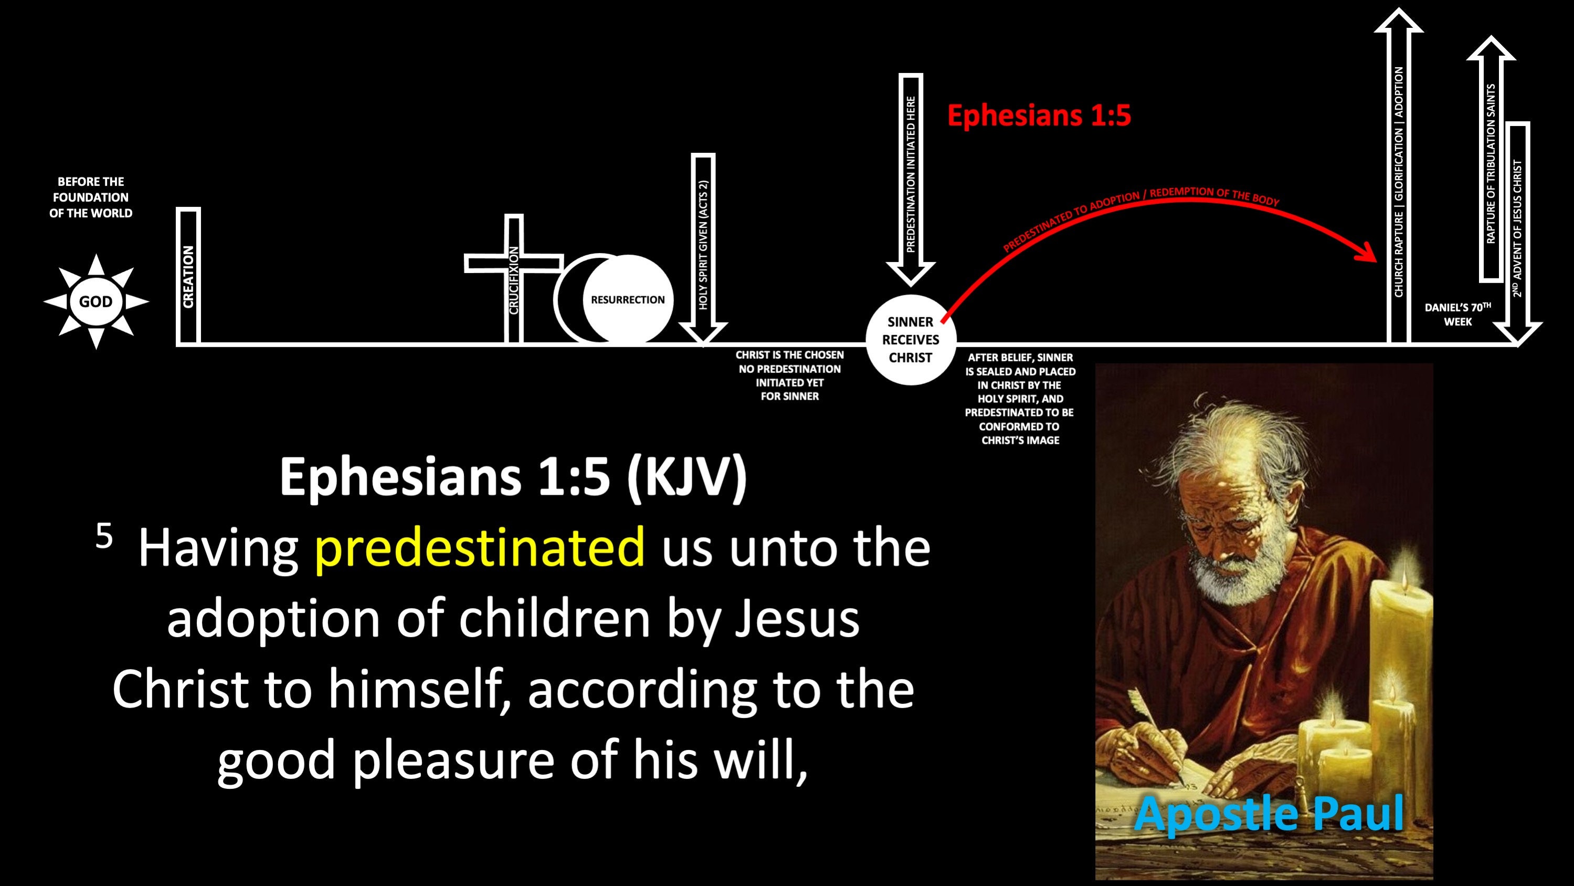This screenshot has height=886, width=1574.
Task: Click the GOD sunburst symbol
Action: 96,301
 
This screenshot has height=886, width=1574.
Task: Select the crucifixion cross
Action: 514,278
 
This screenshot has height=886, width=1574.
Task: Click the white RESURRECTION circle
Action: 628,299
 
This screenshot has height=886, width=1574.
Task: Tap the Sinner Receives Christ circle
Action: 911,339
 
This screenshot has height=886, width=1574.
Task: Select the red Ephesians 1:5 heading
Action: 1039,115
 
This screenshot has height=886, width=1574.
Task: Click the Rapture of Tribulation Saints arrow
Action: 1491,159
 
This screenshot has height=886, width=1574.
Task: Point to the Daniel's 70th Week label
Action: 1458,314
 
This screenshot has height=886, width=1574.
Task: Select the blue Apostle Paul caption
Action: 1269,814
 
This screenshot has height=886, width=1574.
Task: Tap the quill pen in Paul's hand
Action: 1155,734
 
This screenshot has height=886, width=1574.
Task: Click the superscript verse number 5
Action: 104,536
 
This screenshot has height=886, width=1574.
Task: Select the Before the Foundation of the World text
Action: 91,197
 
